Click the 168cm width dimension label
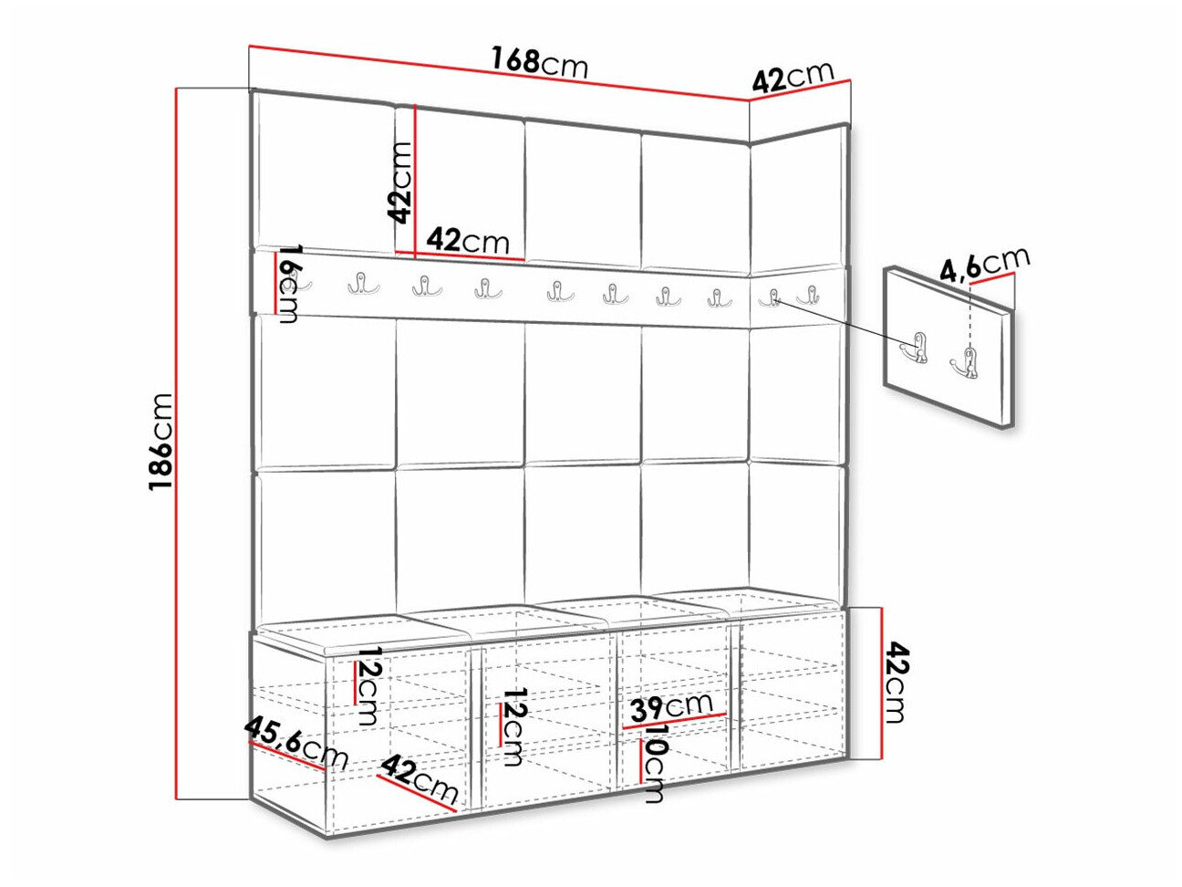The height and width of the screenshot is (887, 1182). point(540,63)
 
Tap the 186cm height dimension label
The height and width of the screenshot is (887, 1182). point(161,441)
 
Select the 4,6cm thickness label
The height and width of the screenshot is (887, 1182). point(985,265)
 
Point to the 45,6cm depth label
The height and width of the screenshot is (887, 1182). point(296,744)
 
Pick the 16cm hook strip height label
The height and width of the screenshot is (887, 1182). point(288,285)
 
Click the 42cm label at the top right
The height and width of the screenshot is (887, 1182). point(793,78)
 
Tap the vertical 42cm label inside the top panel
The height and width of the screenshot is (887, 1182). point(400,183)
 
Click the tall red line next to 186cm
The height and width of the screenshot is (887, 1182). point(177,443)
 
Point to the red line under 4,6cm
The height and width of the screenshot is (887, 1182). point(991,278)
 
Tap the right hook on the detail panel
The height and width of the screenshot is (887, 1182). point(966,364)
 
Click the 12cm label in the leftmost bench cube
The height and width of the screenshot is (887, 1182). point(368,685)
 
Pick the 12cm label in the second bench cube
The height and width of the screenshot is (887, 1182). point(512,726)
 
